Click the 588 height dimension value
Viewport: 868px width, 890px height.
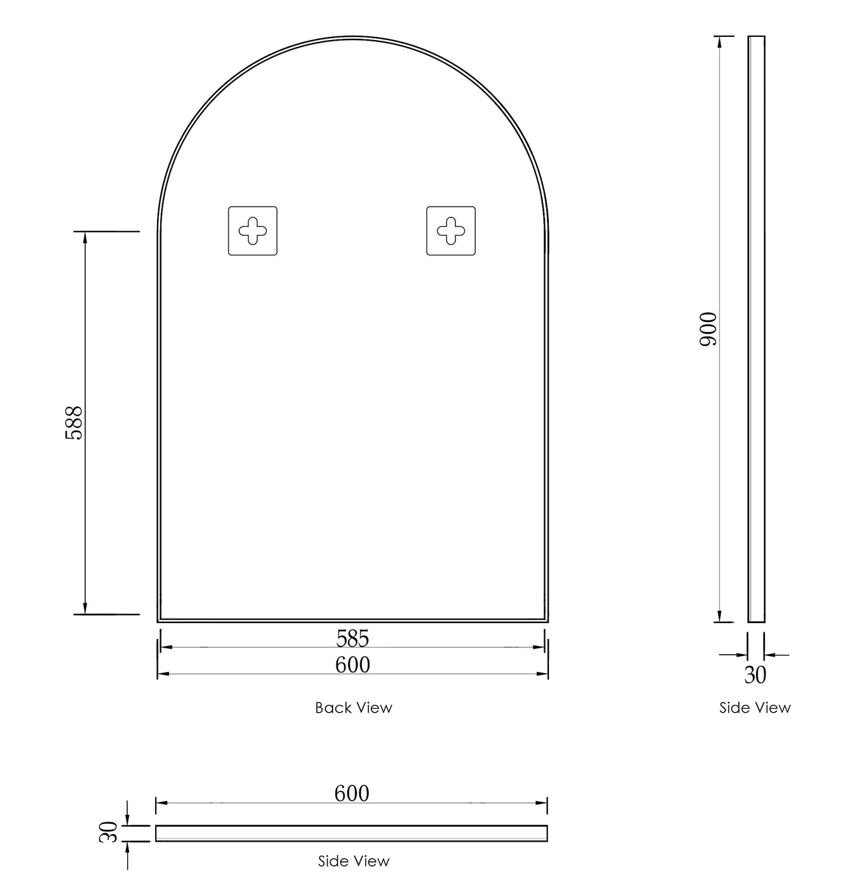74,423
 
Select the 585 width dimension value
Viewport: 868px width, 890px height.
352,638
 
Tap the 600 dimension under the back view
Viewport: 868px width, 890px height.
352,664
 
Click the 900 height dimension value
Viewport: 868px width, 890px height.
708,329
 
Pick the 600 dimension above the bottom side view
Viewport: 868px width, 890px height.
352,793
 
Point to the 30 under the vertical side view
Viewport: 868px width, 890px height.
755,675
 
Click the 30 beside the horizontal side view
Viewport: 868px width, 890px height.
109,832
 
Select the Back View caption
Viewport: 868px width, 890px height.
354,708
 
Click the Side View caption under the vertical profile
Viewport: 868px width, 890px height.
755,708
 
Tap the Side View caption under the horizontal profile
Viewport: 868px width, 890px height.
354,861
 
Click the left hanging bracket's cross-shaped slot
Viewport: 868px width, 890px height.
252,231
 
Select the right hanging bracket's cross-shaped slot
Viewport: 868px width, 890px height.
451,231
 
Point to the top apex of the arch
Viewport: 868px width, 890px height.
353,38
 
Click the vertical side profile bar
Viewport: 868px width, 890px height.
756,329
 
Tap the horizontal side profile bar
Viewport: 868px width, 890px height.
352,833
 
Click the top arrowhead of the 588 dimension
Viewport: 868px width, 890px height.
85,237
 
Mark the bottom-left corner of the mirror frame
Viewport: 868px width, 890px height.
158,621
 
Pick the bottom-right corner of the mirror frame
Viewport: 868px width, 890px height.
547,621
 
